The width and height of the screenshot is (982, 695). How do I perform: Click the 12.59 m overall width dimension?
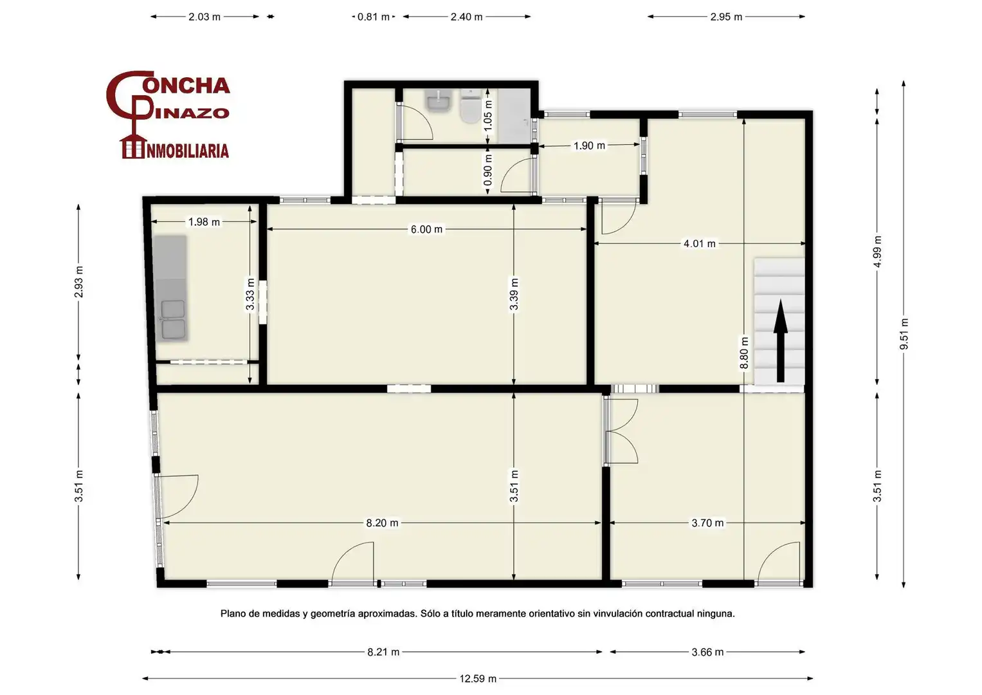point(478,679)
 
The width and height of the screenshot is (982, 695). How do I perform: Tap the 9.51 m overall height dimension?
point(904,333)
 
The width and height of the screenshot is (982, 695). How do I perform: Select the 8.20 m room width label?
point(382,523)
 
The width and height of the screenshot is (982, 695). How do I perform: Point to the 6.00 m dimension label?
point(426,229)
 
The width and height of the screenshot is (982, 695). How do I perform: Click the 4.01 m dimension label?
point(700,243)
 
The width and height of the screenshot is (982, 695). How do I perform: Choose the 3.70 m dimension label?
point(707,523)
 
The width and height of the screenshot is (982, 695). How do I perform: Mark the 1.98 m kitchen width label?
point(204,221)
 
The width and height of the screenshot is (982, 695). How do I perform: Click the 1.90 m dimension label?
point(589,145)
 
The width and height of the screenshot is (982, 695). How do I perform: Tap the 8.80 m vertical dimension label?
point(744,353)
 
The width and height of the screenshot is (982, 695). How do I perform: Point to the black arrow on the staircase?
point(780,340)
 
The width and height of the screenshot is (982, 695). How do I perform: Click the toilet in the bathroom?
point(470,106)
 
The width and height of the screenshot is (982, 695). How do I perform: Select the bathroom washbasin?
point(439,101)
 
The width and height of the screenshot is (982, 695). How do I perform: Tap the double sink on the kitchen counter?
point(173,319)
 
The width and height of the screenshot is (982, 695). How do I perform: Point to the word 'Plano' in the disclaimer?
point(233,613)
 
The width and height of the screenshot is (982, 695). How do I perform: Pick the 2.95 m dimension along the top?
point(727,17)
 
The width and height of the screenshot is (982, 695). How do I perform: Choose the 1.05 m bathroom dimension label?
point(488,115)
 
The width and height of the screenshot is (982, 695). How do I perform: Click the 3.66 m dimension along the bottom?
point(707,652)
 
